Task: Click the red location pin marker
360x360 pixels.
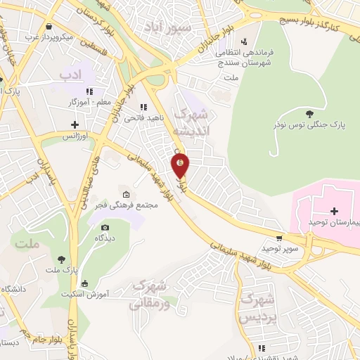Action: (x=181, y=165)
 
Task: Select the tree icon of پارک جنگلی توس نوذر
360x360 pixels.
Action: (x=309, y=112)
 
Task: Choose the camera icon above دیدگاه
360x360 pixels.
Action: (x=105, y=227)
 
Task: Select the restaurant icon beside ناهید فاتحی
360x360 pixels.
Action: (x=144, y=107)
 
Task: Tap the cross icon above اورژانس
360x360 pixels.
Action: (x=74, y=124)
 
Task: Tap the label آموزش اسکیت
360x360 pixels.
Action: (x=84, y=294)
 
